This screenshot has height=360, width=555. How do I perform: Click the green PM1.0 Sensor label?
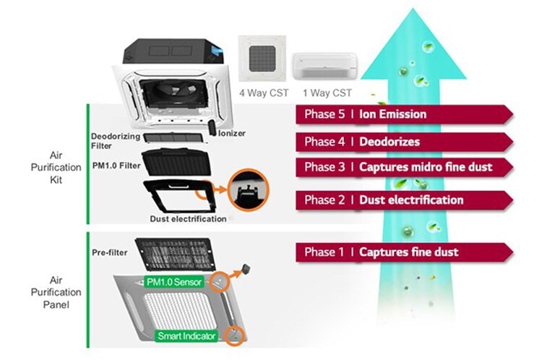pos(173,281)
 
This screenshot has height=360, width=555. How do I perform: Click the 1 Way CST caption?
pos(328,93)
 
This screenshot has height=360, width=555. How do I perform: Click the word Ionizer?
pos(232,134)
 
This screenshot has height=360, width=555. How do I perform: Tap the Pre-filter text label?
pos(111,254)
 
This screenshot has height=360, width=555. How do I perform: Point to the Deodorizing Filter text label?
pos(111,141)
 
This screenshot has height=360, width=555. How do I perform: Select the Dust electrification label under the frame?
pos(188,218)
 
